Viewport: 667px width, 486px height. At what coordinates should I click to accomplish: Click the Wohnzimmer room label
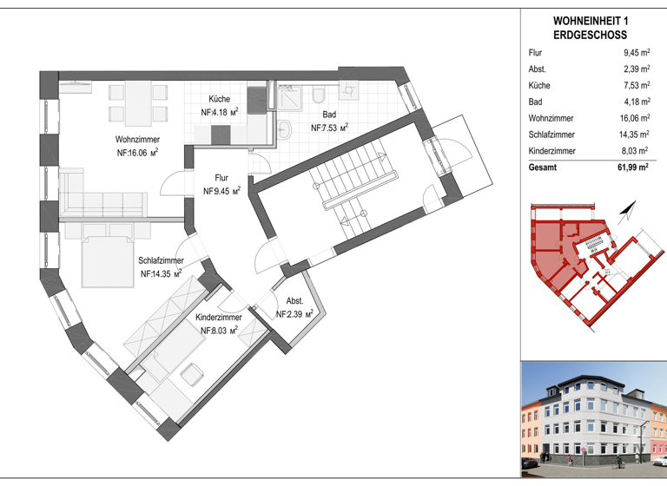point(137,139)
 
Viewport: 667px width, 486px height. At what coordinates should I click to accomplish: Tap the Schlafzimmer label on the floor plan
point(161,259)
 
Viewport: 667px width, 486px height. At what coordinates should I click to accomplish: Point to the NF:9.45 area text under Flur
point(221,191)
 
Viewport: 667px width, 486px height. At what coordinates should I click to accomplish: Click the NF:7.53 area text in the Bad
point(329,127)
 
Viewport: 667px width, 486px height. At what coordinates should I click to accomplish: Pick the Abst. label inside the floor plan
point(294,300)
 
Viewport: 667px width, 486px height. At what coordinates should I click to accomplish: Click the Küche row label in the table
point(539,86)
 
